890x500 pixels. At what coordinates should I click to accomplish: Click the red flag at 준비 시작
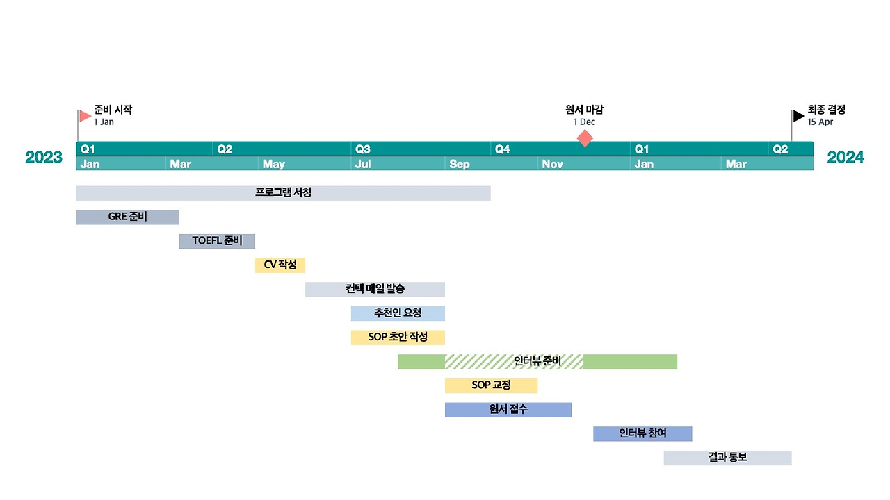coord(85,116)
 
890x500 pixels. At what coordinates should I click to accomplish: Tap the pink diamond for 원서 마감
coord(585,138)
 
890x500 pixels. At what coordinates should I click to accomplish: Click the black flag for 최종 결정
coord(799,116)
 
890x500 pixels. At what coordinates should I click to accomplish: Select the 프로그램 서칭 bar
coord(283,193)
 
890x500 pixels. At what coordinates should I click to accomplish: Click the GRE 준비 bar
coord(127,217)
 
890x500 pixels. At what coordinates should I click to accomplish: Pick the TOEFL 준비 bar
coord(217,241)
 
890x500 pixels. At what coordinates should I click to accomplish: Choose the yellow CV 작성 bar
coord(280,265)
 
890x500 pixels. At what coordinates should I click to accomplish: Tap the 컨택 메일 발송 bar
coord(375,289)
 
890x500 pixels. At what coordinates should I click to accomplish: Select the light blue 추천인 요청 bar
coord(398,313)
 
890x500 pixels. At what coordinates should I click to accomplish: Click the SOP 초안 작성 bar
coord(398,337)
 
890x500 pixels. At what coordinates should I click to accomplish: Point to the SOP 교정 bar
coord(491,385)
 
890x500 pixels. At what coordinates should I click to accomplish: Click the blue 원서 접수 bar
coord(508,410)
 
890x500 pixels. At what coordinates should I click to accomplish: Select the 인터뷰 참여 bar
coord(642,433)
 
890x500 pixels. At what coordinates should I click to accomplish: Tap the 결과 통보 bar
coord(727,458)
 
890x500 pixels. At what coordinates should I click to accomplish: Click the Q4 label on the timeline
coord(501,149)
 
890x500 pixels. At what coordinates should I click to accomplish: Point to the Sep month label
coord(460,165)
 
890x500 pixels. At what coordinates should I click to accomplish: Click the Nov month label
coord(552,165)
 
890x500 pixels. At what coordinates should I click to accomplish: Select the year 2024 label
coord(845,158)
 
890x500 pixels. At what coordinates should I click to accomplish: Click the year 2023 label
coord(44,158)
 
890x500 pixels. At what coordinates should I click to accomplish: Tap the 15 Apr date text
coord(820,122)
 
